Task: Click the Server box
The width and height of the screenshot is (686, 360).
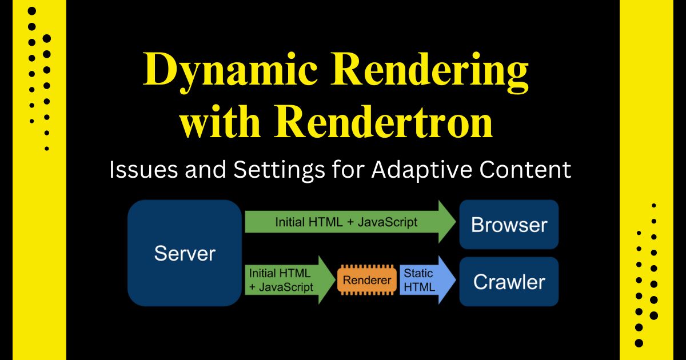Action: [x=184, y=253]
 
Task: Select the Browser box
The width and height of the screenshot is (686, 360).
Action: [x=509, y=225]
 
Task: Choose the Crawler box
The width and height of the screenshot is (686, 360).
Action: [x=509, y=282]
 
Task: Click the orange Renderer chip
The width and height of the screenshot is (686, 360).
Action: [x=367, y=281]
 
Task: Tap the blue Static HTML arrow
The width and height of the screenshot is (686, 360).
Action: [x=426, y=281]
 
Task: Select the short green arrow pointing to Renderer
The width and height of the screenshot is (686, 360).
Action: [x=289, y=281]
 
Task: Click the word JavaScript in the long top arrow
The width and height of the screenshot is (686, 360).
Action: [x=387, y=222]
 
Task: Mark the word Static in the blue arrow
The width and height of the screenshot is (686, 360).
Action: [x=418, y=274]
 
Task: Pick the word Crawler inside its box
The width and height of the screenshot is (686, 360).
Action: [x=509, y=282]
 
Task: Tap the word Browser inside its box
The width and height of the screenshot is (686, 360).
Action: [x=509, y=225]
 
